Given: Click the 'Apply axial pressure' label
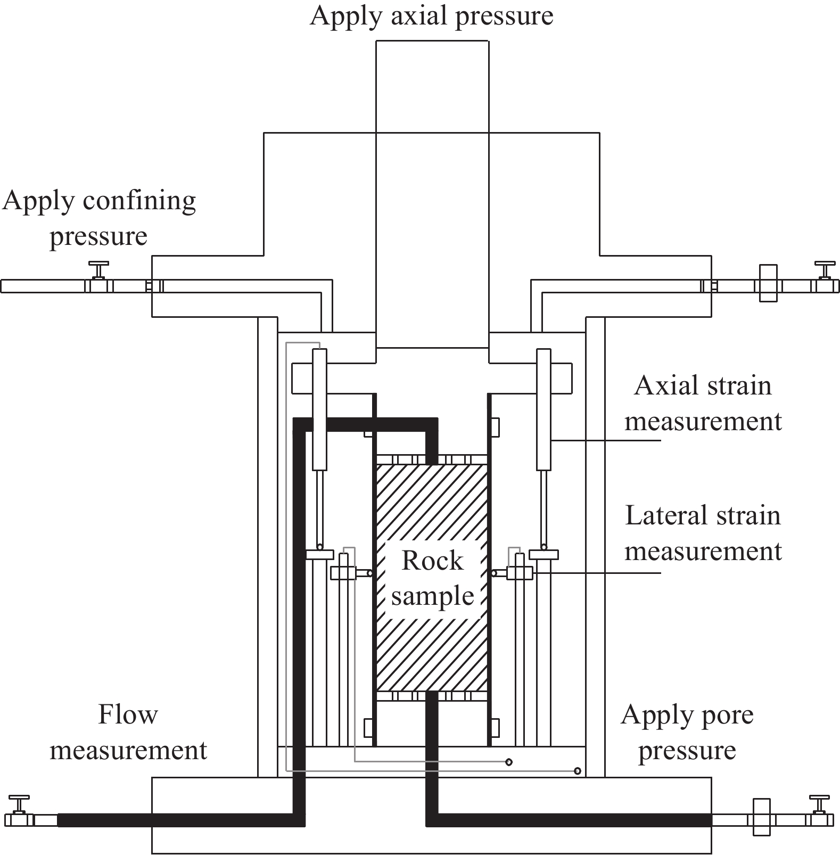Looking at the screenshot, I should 431,16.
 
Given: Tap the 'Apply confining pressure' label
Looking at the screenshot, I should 99,218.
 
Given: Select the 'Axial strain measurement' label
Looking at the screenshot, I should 703,404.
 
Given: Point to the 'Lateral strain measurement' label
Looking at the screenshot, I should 703,533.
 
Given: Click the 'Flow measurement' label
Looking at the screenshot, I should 128,732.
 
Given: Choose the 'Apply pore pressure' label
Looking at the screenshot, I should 687,732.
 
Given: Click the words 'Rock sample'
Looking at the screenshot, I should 432,578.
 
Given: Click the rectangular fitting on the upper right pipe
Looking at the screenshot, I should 768,283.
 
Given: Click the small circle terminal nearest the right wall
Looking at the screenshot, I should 578,771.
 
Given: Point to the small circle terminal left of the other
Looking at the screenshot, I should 509,762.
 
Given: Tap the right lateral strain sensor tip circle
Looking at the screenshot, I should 494,573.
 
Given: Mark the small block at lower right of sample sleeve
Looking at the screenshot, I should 495,727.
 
